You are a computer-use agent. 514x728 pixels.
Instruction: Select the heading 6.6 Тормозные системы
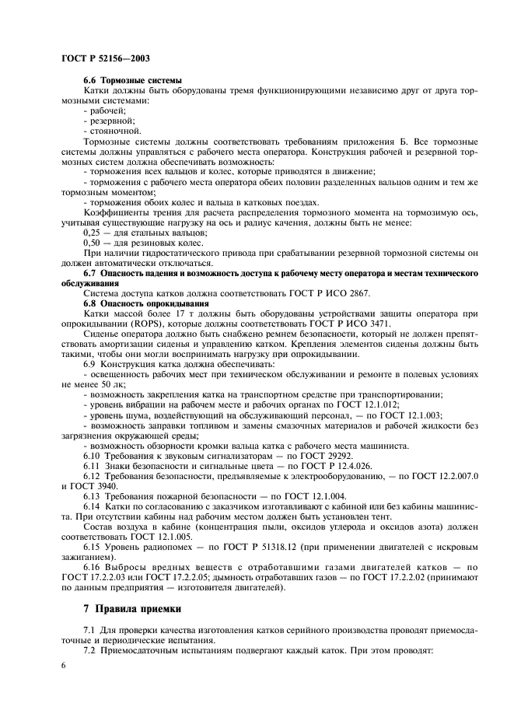pyautogui.click(x=132, y=81)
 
